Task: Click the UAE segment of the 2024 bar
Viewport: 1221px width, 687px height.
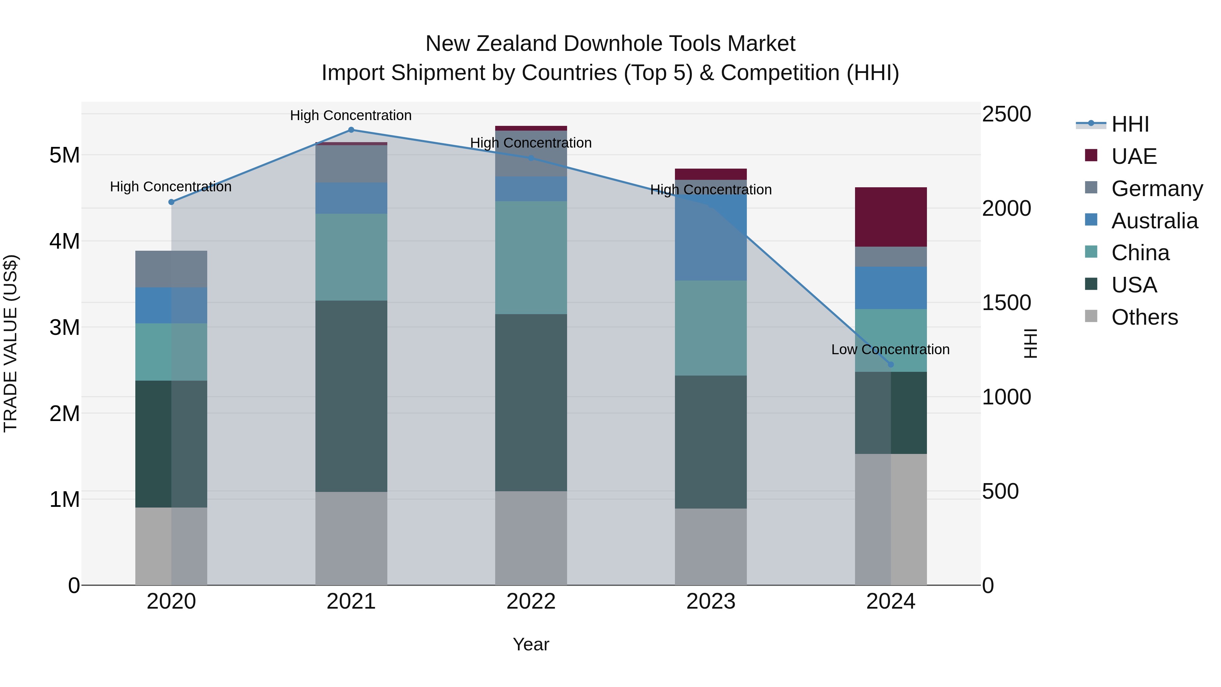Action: pos(891,217)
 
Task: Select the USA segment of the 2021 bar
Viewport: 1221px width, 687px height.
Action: pos(351,396)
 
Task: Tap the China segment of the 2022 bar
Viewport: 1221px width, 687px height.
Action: pos(531,257)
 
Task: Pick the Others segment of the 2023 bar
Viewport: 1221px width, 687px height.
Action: pos(711,546)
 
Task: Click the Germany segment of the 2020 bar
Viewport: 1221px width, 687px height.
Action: pos(171,269)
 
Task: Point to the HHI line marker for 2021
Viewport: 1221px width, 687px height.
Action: pos(351,130)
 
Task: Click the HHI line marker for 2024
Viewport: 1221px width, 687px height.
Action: pos(891,365)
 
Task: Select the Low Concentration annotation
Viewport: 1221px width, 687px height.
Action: pos(890,349)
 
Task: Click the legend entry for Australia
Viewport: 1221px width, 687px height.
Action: pos(1154,221)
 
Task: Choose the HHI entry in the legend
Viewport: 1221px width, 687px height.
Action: pos(1130,124)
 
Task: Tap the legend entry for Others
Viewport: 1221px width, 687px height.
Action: pos(1144,317)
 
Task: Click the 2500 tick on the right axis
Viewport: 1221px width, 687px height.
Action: pos(1006,114)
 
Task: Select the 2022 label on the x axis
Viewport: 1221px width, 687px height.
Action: pos(531,602)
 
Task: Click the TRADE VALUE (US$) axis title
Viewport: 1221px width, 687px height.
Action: pos(11,344)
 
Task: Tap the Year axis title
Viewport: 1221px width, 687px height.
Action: pos(531,644)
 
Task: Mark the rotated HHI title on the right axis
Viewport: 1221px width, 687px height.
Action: pos(1030,344)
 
